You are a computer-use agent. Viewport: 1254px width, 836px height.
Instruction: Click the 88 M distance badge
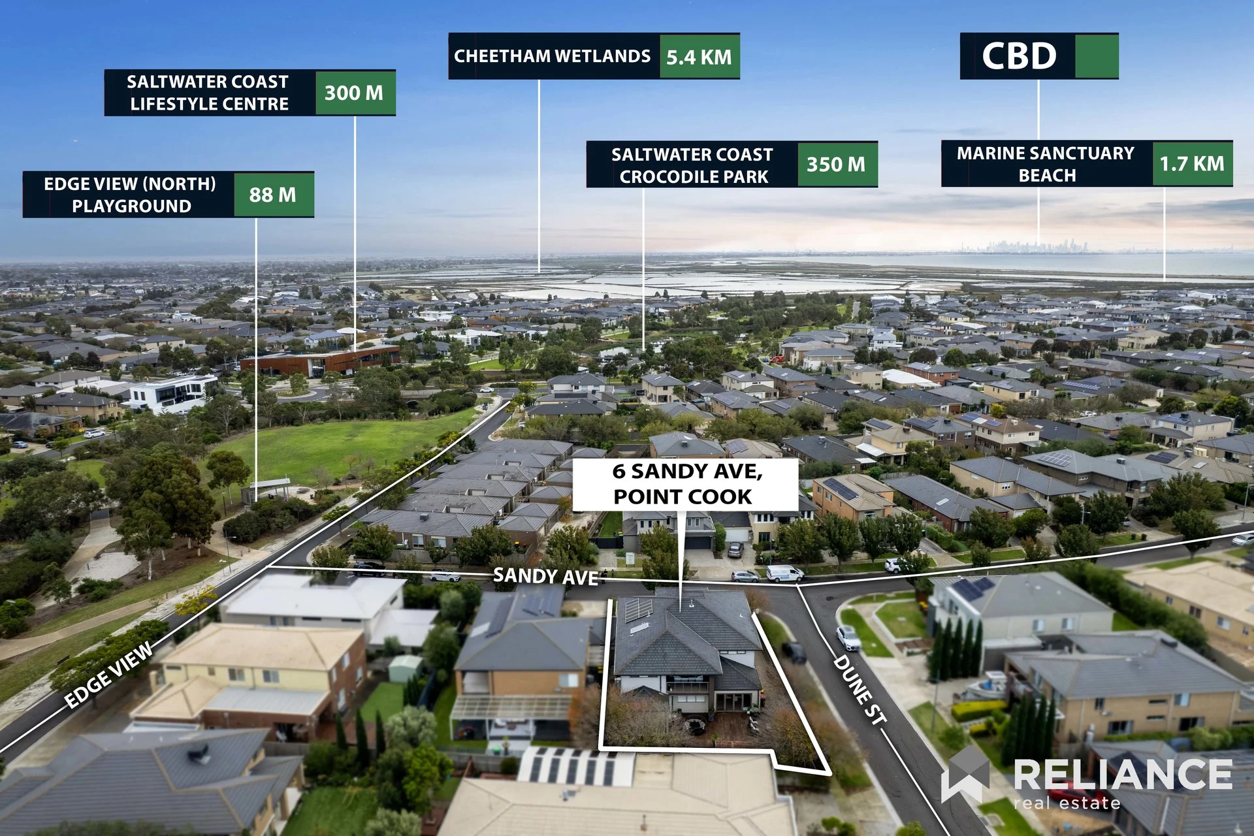coord(273,195)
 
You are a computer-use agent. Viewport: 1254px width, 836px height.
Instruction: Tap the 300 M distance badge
coord(355,93)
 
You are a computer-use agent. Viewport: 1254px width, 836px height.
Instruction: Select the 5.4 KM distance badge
coord(699,57)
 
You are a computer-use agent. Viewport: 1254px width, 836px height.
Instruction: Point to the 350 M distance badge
coord(837,164)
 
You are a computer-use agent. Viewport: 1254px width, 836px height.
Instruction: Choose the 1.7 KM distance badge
coord(1192,163)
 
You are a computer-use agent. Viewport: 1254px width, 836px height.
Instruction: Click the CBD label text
coord(1019,56)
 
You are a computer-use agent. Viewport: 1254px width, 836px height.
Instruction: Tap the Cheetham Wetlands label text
coord(553,56)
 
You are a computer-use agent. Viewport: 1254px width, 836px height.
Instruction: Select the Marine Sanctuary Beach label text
coord(1046,164)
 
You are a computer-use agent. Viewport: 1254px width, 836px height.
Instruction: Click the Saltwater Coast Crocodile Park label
coord(692,165)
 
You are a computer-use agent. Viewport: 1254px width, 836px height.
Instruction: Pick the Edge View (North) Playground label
coord(130,195)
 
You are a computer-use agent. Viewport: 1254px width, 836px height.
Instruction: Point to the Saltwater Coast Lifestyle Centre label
coord(208,93)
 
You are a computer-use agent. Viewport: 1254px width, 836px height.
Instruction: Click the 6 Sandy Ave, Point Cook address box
coord(686,484)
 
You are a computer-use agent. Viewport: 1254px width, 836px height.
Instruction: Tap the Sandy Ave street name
coord(546,576)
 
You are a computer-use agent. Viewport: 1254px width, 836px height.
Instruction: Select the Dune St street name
coord(861,690)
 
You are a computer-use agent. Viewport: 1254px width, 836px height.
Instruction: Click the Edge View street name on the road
coord(110,674)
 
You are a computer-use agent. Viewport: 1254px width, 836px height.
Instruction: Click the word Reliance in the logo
coord(1123,775)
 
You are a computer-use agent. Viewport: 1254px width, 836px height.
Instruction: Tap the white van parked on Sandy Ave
coord(785,573)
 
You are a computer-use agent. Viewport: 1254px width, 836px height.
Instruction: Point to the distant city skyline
coord(1038,246)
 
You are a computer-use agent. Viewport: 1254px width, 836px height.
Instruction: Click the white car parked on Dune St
coord(848,637)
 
